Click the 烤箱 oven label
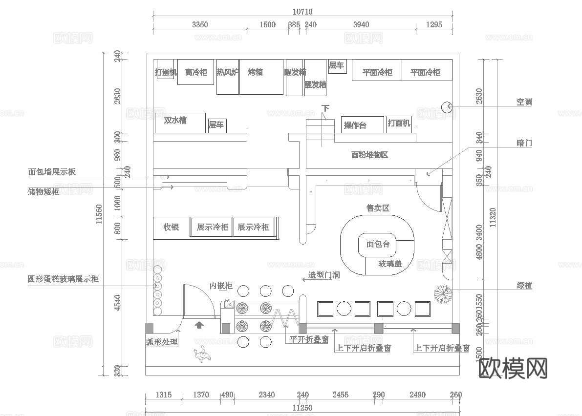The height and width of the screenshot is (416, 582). (255, 72)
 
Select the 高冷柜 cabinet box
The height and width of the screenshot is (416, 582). (195, 72)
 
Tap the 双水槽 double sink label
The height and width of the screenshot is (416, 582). (175, 120)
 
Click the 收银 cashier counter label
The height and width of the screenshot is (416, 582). (171, 227)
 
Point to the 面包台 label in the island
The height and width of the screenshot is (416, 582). (378, 244)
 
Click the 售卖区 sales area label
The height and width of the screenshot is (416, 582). (378, 208)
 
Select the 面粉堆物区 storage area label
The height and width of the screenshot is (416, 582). (369, 155)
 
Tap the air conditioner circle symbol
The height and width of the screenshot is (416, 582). (447, 106)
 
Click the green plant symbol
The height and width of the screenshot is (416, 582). (443, 293)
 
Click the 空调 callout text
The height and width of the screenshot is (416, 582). (524, 102)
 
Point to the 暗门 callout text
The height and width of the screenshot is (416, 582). (524, 143)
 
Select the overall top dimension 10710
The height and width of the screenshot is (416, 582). (302, 12)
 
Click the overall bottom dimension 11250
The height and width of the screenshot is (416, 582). (302, 408)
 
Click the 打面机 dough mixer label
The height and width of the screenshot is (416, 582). (399, 123)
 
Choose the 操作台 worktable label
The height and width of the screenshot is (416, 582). (355, 125)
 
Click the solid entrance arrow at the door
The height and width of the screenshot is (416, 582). (199, 324)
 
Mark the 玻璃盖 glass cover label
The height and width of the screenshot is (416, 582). (390, 264)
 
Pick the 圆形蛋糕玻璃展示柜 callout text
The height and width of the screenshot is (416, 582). (63, 279)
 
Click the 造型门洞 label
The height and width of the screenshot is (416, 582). (323, 275)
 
